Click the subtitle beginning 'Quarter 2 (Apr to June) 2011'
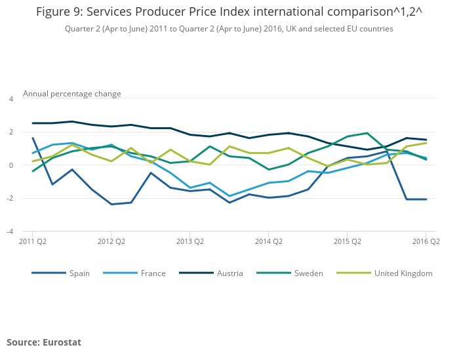pyautogui.click(x=229, y=29)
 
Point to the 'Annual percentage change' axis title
pyautogui.click(x=72, y=94)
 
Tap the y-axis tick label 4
pyautogui.click(x=10, y=99)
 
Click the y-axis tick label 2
pyautogui.click(x=10, y=132)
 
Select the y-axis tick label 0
pyautogui.click(x=10, y=165)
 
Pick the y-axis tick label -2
pyautogui.click(x=9, y=199)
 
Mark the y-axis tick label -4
pyautogui.click(x=9, y=231)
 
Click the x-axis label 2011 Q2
pyautogui.click(x=32, y=241)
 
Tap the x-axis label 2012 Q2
pyautogui.click(x=111, y=241)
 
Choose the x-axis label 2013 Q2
pyautogui.click(x=190, y=241)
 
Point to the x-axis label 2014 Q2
pyautogui.click(x=268, y=241)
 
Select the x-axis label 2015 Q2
pyautogui.click(x=347, y=241)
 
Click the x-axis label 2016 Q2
pyautogui.click(x=426, y=241)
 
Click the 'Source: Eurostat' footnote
pyautogui.click(x=44, y=342)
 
